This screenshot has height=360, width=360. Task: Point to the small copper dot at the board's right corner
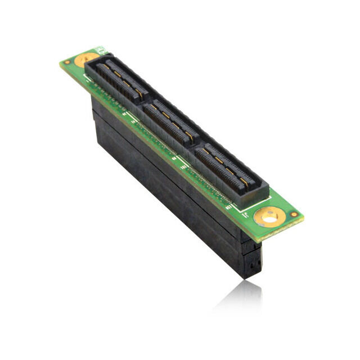(x=293, y=214)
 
